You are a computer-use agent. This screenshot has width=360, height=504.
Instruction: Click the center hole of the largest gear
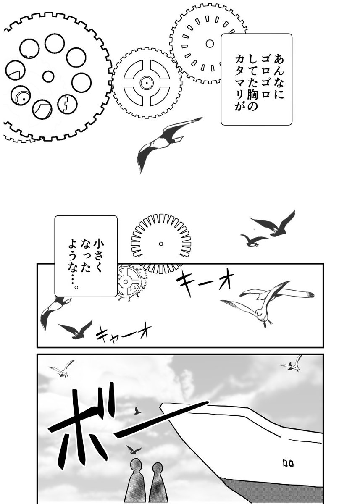[48, 76]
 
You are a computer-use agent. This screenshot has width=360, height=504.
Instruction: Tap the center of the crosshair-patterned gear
[147, 83]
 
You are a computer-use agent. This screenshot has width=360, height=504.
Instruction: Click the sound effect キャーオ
[121, 333]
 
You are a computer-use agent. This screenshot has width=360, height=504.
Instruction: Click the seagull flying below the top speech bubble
[166, 141]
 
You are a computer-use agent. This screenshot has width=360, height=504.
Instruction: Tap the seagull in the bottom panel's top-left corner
[62, 369]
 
